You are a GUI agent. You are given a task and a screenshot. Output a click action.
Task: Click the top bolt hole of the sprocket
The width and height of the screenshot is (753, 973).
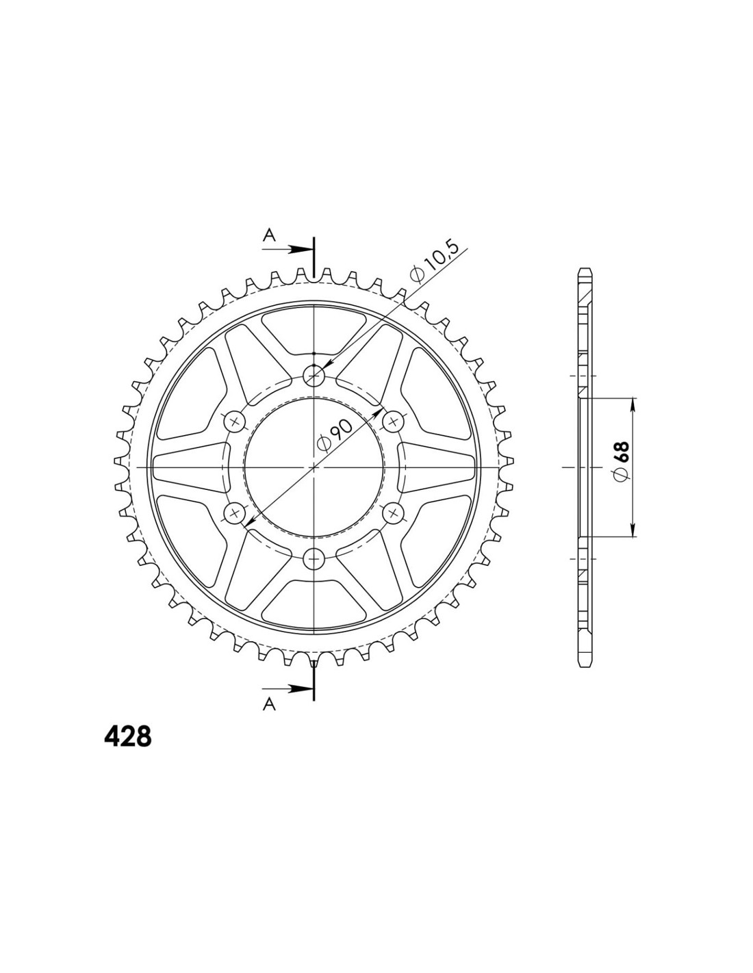point(314,376)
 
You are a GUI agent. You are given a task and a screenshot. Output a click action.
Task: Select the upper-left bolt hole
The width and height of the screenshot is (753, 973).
point(235,421)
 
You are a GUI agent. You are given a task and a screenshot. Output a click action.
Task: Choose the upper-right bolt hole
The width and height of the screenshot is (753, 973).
point(394,421)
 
